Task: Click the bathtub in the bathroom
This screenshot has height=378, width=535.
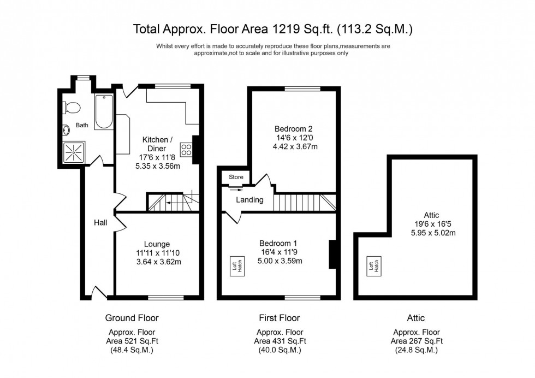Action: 104,112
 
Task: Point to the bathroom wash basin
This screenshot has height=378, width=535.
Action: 66,130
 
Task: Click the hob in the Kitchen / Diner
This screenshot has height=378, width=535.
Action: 186,149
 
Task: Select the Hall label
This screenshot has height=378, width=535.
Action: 100,222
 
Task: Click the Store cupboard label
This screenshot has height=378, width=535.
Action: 236,177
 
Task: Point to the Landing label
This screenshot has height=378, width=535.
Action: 249,200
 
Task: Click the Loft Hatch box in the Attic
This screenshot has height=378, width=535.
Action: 374,266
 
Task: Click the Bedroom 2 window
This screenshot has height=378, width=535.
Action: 302,87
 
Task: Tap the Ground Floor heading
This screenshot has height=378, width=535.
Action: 132,318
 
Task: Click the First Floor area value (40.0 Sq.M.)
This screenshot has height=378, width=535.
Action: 280,350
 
